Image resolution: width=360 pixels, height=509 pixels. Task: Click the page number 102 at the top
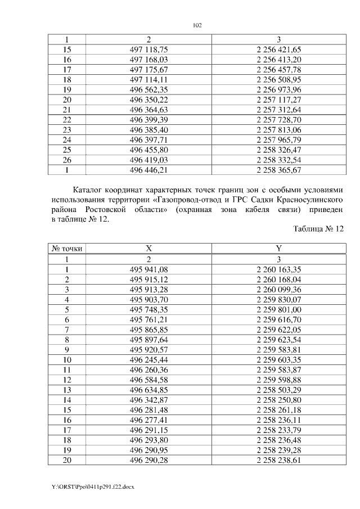tap(197, 25)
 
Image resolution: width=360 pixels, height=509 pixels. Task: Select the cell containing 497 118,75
tap(149, 49)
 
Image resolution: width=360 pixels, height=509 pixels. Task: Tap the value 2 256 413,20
tap(278, 59)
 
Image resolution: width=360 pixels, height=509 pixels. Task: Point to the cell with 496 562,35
tap(149, 89)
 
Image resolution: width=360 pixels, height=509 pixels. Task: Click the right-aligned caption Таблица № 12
tap(318, 229)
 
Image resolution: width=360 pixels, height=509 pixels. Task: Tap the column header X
tap(149, 248)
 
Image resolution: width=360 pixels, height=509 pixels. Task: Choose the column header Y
tap(278, 248)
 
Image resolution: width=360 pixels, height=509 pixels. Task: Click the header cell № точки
tap(66, 248)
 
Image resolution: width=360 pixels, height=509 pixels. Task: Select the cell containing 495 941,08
tap(149, 269)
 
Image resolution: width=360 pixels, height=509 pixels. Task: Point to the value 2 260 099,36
tap(278, 289)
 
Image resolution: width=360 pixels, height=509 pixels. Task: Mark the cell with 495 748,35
tap(149, 309)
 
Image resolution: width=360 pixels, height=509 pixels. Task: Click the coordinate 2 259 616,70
tap(278, 319)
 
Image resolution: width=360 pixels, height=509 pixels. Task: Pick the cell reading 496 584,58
tap(149, 379)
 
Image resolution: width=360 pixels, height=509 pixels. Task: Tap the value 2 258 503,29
tap(278, 389)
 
